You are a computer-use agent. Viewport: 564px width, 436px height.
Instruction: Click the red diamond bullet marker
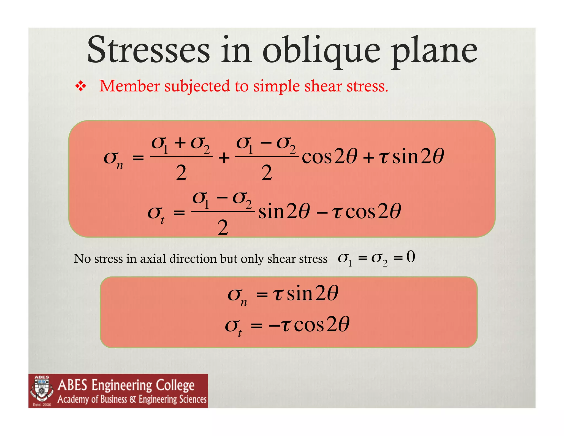(80, 86)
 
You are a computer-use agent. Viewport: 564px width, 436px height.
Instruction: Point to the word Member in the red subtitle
(129, 86)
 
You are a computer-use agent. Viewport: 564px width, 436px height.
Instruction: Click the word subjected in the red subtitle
(197, 87)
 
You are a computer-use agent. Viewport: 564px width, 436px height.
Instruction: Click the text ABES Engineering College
(126, 385)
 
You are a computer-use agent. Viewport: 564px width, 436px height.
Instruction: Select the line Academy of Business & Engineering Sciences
(132, 399)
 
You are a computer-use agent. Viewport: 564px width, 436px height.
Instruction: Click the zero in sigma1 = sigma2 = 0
(411, 257)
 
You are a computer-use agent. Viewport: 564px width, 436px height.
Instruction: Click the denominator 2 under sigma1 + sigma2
(181, 173)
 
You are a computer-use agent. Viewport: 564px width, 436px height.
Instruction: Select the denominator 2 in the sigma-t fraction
(223, 228)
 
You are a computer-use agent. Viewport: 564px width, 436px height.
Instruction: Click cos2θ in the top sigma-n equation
(329, 157)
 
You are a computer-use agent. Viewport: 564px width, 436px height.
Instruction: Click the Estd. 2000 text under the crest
(42, 405)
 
